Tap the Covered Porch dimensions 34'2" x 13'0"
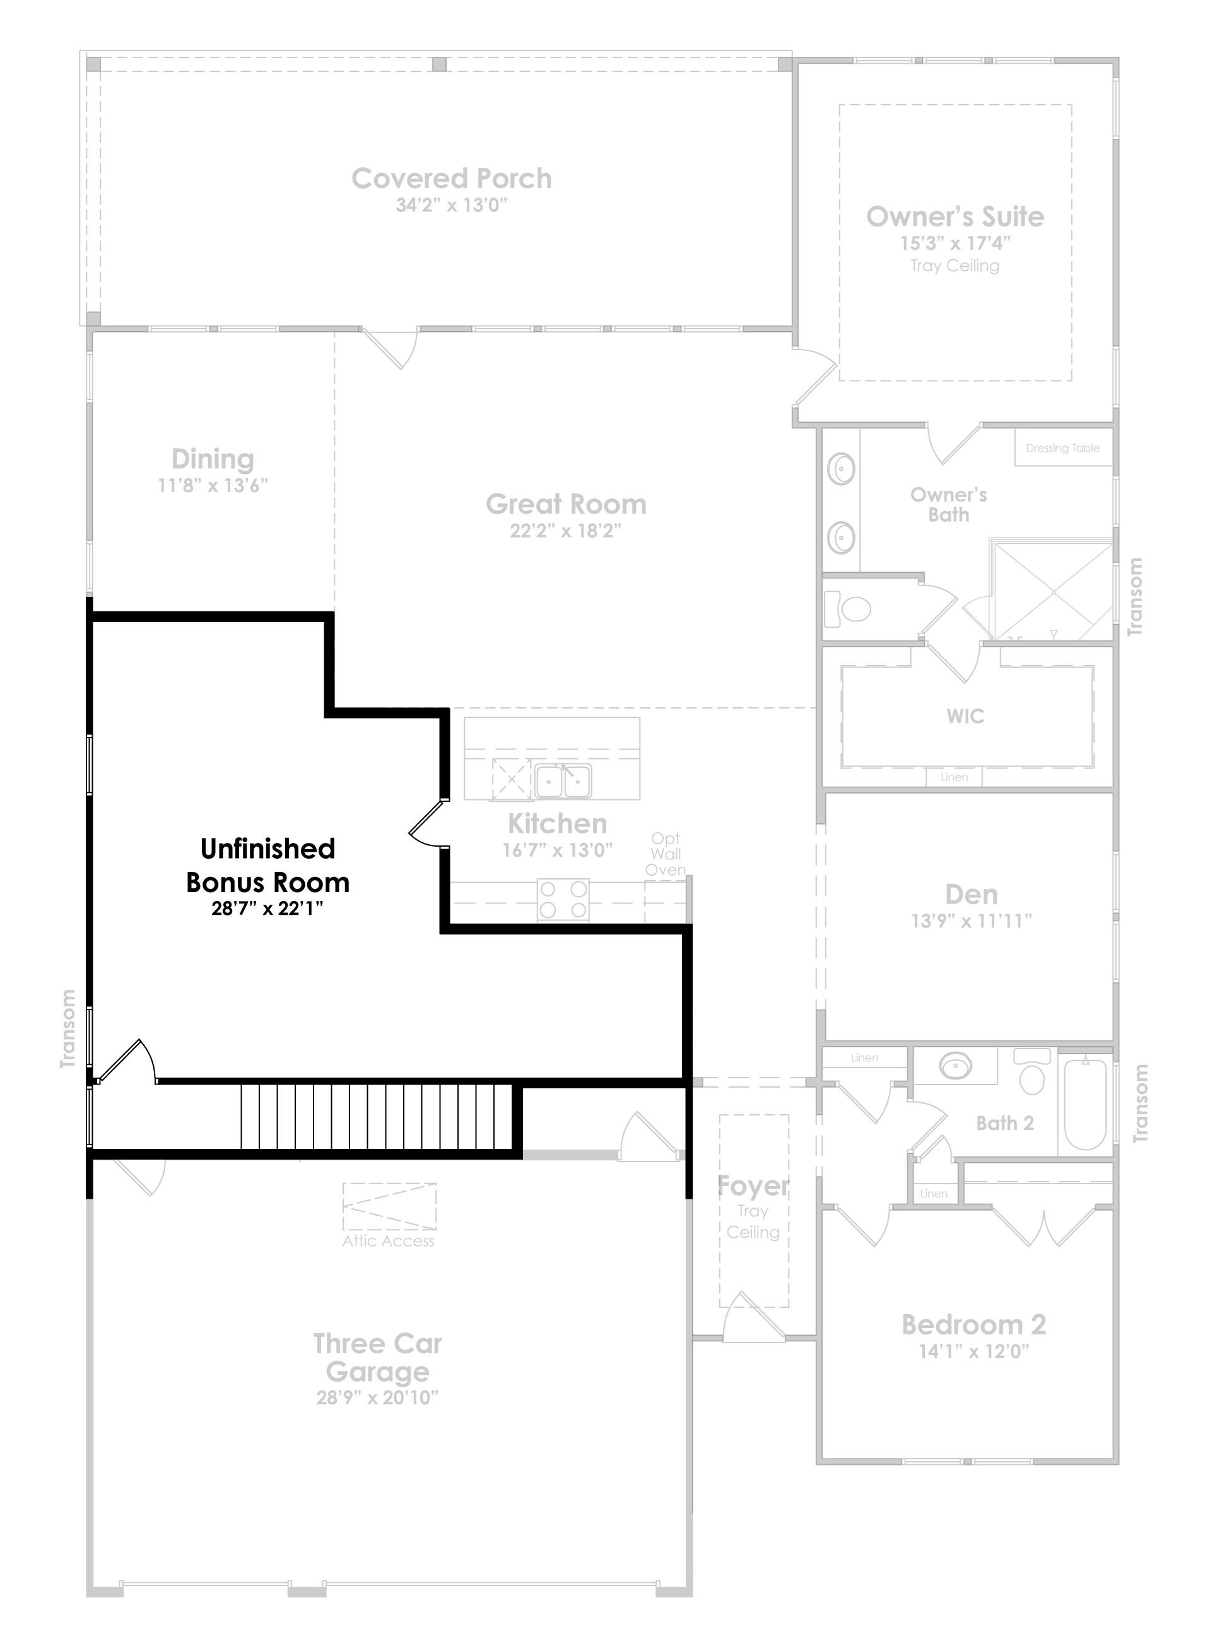point(451,205)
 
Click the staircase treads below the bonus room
point(377,1117)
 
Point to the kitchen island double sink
point(563,781)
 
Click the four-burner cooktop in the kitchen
point(563,900)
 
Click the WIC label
point(965,717)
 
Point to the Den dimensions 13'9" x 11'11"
point(972,921)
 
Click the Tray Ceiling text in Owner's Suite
point(954,266)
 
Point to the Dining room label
point(213,459)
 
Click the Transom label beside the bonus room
point(68,1028)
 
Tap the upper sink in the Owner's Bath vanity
point(842,469)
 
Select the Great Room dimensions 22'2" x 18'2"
point(565,531)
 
